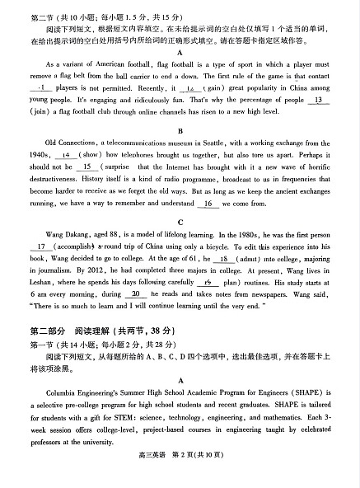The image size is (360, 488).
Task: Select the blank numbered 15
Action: (x=87, y=166)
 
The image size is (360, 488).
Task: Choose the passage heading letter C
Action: (x=180, y=222)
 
